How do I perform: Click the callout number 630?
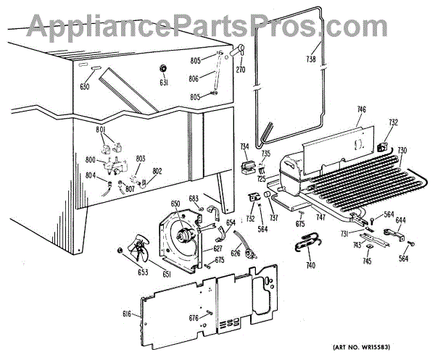(x=86, y=86)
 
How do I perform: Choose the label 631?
(x=165, y=84)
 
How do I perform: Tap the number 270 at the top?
(x=240, y=70)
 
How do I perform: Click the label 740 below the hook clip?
(x=311, y=266)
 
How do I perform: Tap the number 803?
(x=140, y=158)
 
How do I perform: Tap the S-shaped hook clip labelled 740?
(x=305, y=247)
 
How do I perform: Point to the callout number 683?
(x=194, y=198)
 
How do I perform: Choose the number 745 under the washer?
(x=368, y=261)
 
